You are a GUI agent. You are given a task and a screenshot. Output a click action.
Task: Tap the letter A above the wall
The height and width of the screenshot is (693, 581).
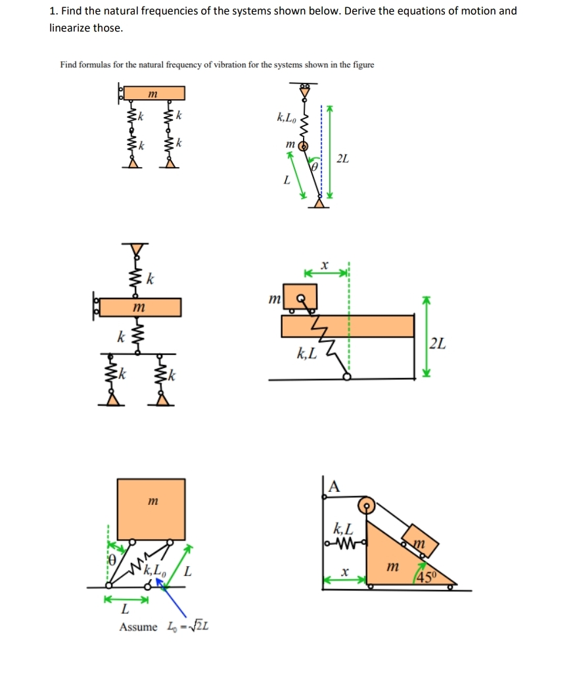[x=334, y=487]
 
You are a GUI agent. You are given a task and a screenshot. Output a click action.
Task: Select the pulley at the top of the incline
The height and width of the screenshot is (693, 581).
[x=367, y=506]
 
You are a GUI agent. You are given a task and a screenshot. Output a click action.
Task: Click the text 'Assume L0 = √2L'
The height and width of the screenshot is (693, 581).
[x=164, y=627]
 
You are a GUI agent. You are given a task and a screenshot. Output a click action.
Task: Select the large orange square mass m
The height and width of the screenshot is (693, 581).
[x=151, y=509]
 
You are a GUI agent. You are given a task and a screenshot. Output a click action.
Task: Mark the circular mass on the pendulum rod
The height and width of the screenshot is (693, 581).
[x=304, y=146]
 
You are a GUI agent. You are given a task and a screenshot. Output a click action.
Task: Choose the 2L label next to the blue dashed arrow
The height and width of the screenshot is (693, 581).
[x=342, y=158]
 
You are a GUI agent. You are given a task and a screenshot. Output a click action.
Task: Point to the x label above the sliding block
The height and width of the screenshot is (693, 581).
[x=324, y=264]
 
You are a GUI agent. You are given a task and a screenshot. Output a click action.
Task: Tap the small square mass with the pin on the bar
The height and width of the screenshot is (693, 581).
[x=300, y=298]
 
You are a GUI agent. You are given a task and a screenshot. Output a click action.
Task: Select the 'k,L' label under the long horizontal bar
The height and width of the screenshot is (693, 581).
[x=307, y=354]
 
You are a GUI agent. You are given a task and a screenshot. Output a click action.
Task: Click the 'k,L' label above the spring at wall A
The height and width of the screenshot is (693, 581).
[x=343, y=527]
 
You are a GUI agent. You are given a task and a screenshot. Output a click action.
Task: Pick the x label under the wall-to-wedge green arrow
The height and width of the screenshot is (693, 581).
[x=343, y=573]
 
